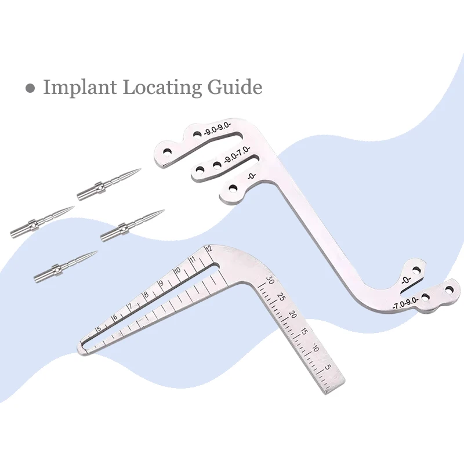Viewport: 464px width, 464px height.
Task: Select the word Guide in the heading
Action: click(234, 88)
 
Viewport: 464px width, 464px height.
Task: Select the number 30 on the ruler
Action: click(270, 280)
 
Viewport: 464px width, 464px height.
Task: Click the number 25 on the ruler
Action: click(281, 297)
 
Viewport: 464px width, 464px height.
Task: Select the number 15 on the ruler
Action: click(304, 332)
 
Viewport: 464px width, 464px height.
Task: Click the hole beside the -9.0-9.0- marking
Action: click(197, 134)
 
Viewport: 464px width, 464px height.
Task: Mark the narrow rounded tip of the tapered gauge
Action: click(81, 350)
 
